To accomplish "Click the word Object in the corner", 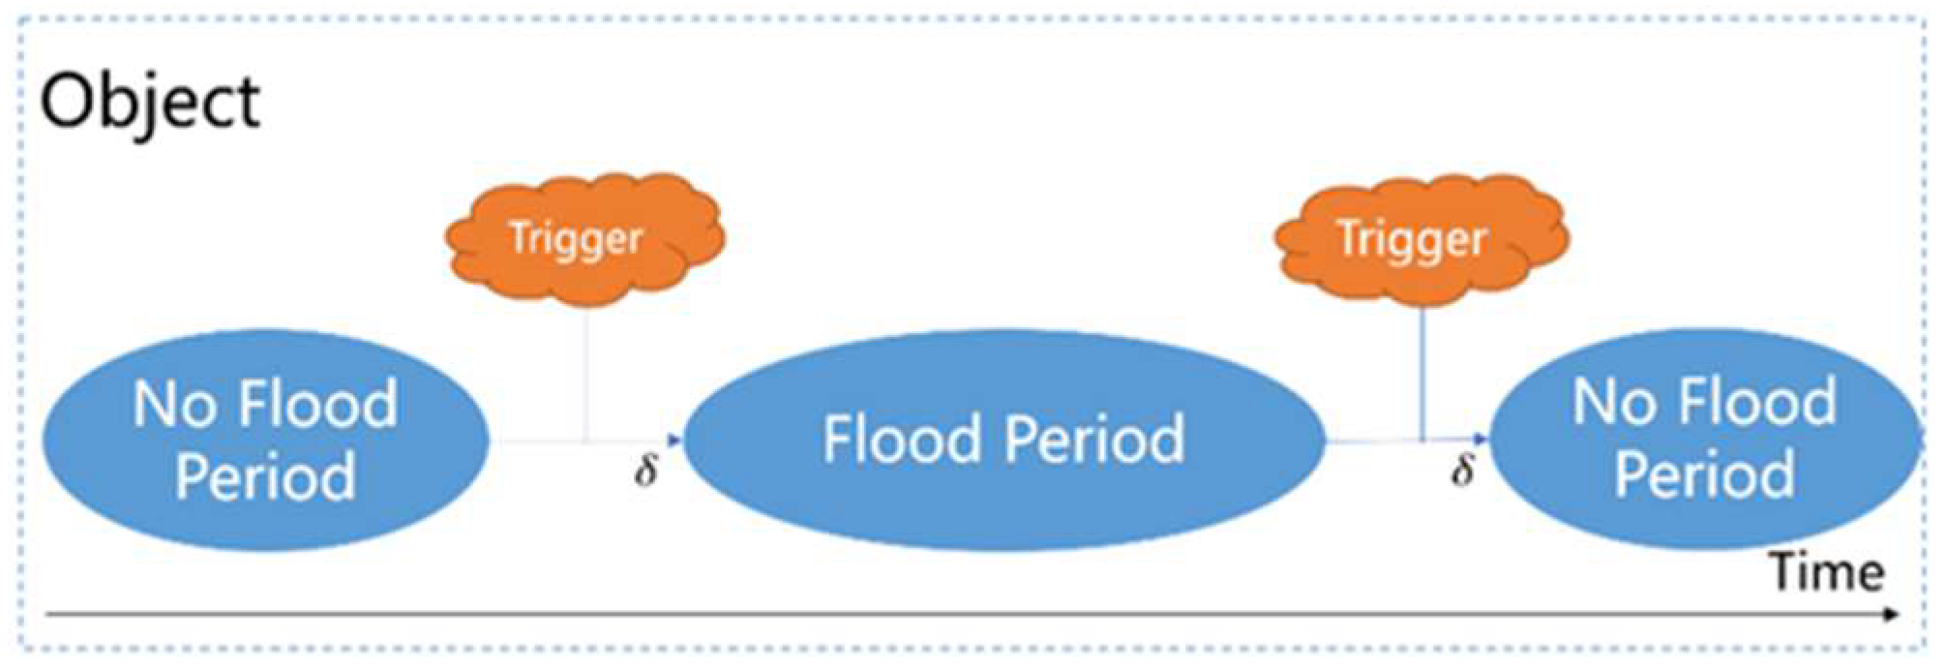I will pos(150,103).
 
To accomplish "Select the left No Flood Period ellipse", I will pos(264,441).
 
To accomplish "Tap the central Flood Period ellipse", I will pos(1003,441).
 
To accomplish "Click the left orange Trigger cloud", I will pos(583,238).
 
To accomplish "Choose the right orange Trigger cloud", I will pos(1421,238).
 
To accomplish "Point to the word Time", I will pos(1827,573).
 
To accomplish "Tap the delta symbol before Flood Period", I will pos(645,471).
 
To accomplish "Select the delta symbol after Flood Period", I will pos(1462,471).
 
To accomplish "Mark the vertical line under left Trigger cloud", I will pos(585,373).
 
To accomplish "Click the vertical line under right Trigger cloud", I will pos(1421,373).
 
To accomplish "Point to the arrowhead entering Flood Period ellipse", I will pos(674,442).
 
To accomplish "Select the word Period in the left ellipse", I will pos(265,476).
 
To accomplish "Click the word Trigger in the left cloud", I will pos(576,238).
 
